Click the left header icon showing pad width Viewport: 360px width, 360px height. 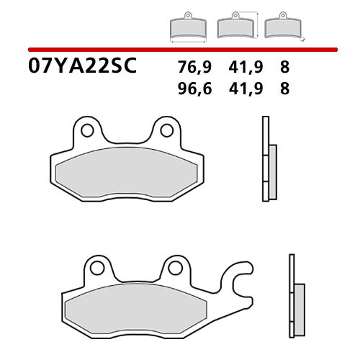click(187, 28)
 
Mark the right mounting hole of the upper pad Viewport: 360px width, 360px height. click(166, 131)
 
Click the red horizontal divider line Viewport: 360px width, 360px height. click(180, 49)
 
